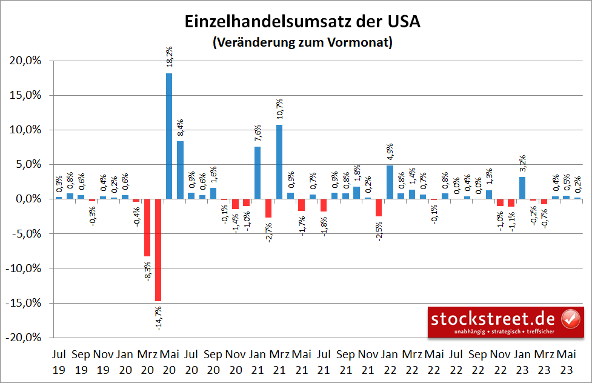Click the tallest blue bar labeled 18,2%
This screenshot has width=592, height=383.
click(x=169, y=136)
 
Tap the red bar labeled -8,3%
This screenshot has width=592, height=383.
click(x=147, y=227)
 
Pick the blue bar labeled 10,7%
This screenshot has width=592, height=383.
click(x=279, y=162)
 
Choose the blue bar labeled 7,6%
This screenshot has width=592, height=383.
click(x=258, y=173)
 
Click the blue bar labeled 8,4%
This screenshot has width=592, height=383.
click(x=180, y=170)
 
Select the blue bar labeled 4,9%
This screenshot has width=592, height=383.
click(x=390, y=182)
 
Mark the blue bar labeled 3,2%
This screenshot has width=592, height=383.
click(x=522, y=188)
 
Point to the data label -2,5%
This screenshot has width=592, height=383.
click(x=379, y=230)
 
